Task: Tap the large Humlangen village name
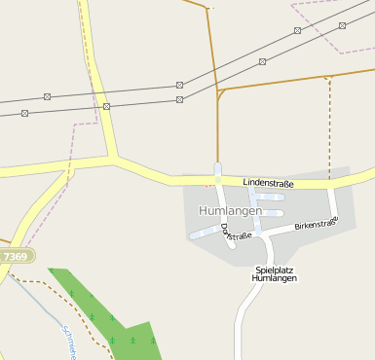point(230,210)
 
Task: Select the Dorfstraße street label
point(237,232)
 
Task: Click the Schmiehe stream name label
point(68,342)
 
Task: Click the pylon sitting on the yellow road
point(106,105)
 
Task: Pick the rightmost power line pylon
point(342,25)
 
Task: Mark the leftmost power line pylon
point(24,113)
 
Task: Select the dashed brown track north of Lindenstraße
point(330,126)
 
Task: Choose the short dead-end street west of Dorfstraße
point(205,232)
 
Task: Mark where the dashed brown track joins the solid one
point(330,76)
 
